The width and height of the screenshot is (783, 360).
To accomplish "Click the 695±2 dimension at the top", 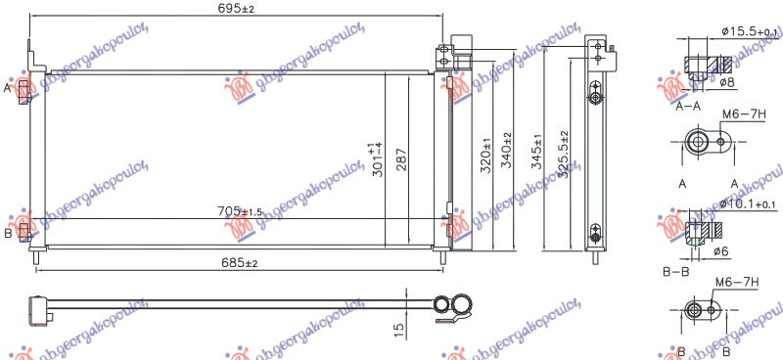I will [x=238, y=9].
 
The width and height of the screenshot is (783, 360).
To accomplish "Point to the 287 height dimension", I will [x=402, y=158].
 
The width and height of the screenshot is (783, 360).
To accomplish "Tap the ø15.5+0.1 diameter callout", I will [x=750, y=32].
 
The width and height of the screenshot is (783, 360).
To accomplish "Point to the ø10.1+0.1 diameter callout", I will [x=749, y=203].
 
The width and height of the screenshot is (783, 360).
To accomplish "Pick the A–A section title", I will [x=691, y=109].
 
